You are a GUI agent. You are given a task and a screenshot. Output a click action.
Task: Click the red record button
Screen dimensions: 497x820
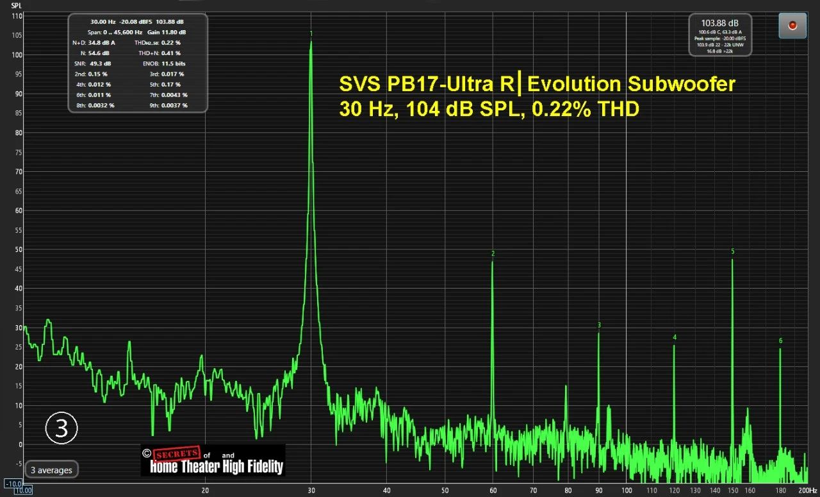(x=792, y=25)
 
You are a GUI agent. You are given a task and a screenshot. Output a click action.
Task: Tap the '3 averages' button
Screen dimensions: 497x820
(x=52, y=470)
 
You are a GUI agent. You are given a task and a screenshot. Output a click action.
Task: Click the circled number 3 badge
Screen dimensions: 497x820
(x=61, y=428)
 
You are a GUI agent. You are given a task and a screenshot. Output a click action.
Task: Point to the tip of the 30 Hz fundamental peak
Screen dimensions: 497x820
(x=311, y=42)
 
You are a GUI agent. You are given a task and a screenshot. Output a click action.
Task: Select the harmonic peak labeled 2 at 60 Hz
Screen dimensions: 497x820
(x=493, y=262)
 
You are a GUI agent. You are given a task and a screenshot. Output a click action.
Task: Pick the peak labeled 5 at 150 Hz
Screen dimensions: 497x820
(x=732, y=260)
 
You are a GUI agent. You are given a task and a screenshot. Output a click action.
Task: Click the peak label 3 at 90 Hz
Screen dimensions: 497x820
(x=599, y=325)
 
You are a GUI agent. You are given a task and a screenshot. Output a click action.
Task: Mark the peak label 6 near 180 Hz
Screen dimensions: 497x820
(x=780, y=341)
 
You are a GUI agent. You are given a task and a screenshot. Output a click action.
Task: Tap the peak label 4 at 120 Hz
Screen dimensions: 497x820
(x=675, y=337)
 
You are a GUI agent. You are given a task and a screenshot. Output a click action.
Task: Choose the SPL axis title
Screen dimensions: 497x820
(x=17, y=5)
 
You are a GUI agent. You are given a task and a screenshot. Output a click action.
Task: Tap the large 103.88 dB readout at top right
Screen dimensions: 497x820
(x=720, y=22)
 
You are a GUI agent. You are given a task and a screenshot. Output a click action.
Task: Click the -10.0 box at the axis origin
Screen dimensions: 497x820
(x=13, y=484)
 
